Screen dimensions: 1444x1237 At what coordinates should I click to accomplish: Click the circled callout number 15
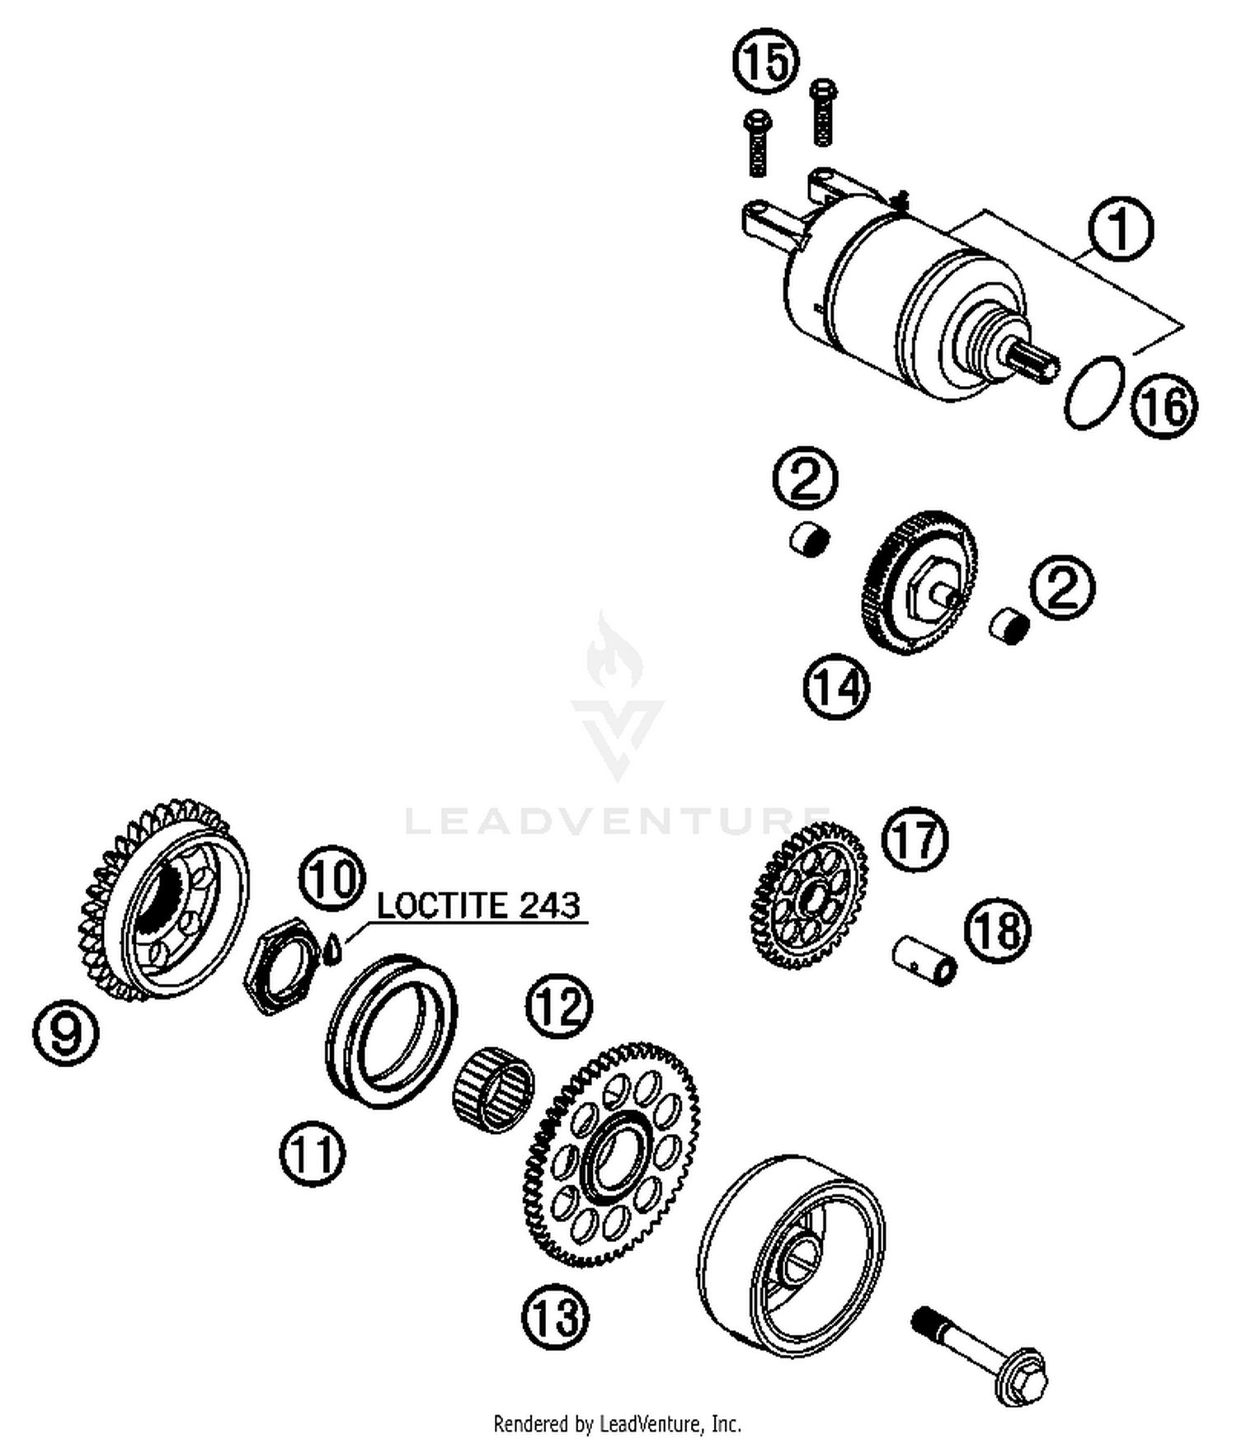coord(766,63)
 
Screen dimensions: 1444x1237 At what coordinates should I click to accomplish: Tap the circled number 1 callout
coord(1120,229)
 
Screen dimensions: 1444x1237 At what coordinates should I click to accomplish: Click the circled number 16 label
coord(1164,405)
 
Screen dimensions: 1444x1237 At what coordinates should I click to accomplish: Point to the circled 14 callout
coord(837,686)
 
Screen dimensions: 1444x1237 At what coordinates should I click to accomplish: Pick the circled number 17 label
coord(915,839)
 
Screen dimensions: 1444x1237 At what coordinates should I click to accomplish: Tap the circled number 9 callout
coord(66,1032)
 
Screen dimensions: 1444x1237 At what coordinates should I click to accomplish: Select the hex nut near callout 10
coord(284,965)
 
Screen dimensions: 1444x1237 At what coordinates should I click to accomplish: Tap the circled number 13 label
coord(556,1316)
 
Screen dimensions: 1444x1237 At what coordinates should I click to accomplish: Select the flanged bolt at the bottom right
coord(981,1353)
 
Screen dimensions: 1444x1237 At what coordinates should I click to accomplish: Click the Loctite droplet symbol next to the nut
coord(332,949)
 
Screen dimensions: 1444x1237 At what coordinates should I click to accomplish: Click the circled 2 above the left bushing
coord(806,478)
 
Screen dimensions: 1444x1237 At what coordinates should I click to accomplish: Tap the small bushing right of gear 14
coord(1009,626)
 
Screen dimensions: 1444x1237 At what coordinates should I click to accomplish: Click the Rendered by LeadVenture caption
coord(617,1423)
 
